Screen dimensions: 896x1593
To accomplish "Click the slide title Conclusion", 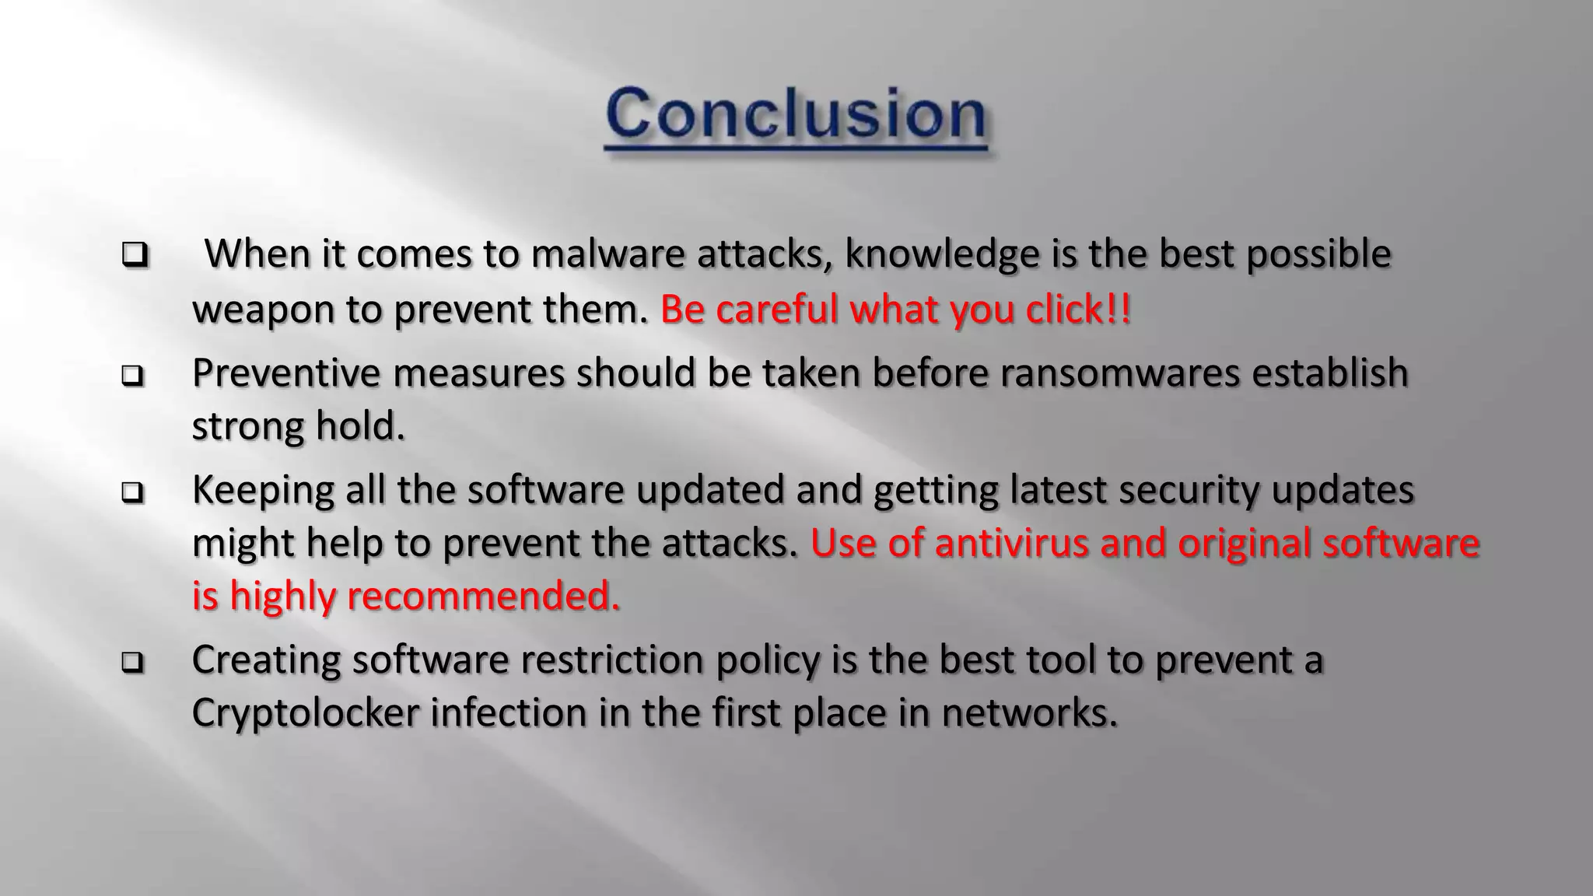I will (796, 115).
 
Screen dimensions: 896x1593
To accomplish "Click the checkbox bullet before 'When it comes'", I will (135, 255).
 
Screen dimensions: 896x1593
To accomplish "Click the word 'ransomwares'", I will (1120, 373).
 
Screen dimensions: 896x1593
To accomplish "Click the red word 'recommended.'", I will (483, 597).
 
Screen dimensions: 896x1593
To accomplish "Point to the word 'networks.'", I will (1029, 713).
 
